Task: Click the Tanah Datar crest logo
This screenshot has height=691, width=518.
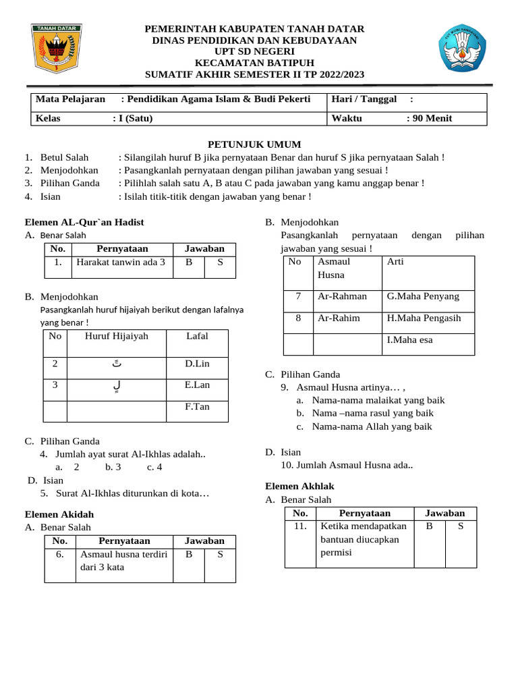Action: coord(57,49)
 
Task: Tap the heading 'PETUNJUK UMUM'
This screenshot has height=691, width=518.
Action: coord(254,144)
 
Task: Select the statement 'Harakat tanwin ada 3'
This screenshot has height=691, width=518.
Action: coord(121,262)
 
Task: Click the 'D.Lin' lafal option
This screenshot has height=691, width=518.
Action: coord(197,364)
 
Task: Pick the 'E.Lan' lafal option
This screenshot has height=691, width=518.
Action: coord(197,385)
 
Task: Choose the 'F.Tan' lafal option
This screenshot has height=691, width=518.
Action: coord(197,407)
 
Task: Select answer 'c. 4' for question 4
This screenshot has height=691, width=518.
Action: coord(154,467)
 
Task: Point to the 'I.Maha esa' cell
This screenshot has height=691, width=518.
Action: coord(410,340)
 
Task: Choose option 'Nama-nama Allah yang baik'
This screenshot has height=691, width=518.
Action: coord(372,426)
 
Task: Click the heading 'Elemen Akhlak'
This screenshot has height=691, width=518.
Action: coord(299,486)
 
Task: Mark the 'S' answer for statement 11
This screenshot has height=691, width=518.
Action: coord(461,526)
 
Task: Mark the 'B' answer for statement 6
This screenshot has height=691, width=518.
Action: coord(189,554)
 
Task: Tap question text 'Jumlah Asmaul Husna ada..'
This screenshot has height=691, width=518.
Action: coord(347,465)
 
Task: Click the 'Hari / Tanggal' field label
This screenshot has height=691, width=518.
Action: coord(364,99)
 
